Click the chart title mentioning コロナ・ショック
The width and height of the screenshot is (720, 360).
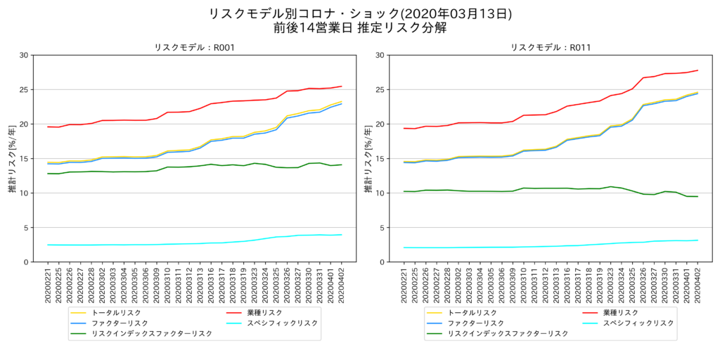(x=360, y=13)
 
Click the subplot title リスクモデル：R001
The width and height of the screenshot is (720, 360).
(x=194, y=48)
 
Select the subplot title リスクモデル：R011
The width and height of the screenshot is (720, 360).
(x=551, y=48)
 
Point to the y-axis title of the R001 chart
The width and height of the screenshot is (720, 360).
(x=13, y=159)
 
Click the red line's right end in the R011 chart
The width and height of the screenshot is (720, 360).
(x=697, y=70)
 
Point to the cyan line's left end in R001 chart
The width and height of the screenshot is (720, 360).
(x=49, y=245)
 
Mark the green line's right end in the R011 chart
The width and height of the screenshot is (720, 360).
(x=697, y=196)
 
